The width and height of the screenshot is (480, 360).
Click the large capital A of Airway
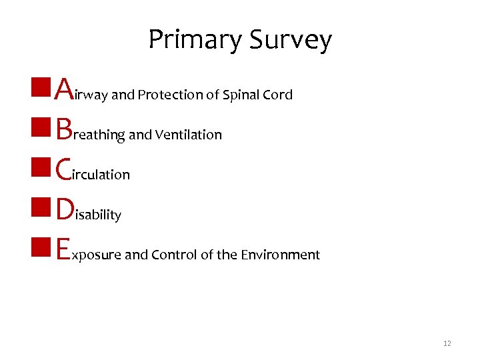click(x=64, y=88)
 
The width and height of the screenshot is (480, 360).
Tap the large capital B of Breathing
click(x=63, y=128)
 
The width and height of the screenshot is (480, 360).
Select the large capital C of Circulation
click(x=64, y=168)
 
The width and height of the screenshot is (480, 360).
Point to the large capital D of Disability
click(x=65, y=208)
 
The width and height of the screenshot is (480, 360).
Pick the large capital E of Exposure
click(x=63, y=248)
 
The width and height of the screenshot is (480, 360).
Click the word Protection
click(x=169, y=95)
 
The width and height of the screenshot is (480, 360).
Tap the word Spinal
click(x=241, y=95)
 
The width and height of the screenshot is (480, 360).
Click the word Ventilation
click(x=189, y=135)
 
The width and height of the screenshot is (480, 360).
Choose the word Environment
click(x=281, y=255)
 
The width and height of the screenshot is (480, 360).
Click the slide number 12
click(x=447, y=343)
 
